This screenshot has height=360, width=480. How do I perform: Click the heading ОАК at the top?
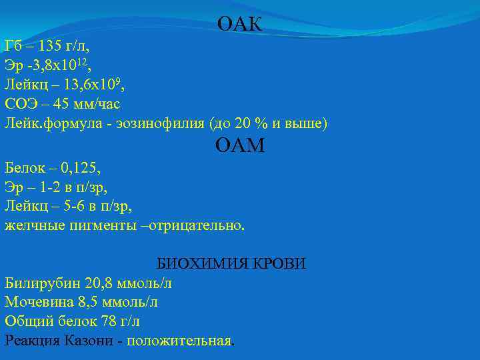(240, 25)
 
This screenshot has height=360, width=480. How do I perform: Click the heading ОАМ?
(240, 145)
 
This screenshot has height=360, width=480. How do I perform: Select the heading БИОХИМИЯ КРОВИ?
(231, 263)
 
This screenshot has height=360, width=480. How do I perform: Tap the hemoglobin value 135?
(51, 47)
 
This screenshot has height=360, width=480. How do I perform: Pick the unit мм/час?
(96, 105)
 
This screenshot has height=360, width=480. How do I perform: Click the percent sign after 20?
(256, 124)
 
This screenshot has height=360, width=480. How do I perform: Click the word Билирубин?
(39, 283)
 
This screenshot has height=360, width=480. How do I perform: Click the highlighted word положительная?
(179, 341)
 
